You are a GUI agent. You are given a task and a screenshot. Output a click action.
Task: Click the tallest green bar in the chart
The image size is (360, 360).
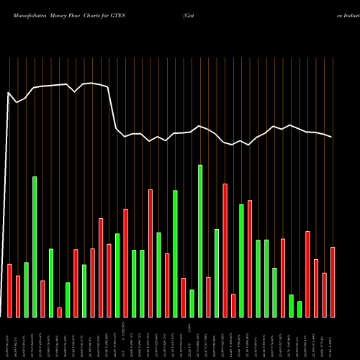point(200,240)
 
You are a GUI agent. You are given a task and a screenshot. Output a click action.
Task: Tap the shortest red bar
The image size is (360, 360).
point(59,312)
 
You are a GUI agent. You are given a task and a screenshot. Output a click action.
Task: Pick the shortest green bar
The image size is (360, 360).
point(300,309)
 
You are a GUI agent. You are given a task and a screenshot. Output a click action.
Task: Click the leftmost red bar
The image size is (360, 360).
point(9,290)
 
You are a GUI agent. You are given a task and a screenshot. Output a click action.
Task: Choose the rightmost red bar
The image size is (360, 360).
point(333,282)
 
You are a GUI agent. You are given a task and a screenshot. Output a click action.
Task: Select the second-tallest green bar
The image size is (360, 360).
point(34,246)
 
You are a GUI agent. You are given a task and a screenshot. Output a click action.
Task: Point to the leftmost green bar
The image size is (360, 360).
point(26,289)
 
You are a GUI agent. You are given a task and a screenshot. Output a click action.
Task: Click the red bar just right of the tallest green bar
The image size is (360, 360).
point(208,297)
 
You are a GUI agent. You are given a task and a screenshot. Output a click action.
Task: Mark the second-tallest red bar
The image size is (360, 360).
point(150,253)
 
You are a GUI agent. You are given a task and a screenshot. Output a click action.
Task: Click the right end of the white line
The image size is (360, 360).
point(332,137)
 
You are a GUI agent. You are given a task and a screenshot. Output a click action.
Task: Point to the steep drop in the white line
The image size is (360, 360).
point(112,108)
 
